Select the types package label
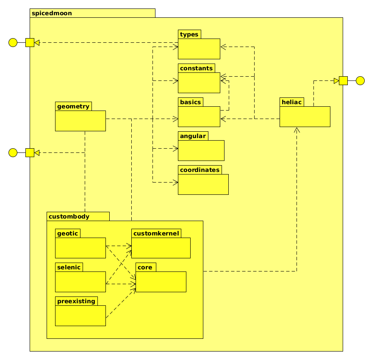point(189,34)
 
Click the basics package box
point(199,116)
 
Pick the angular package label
point(193,136)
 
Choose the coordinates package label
point(200,170)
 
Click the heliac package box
point(305,116)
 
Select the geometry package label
point(73,106)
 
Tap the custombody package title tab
point(69,216)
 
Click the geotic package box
point(80,248)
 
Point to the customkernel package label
point(156,233)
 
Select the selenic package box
point(80,282)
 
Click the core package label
point(145,267)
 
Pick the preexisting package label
point(76,301)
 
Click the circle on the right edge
point(360,80)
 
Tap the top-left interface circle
point(13,42)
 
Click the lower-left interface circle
point(13,152)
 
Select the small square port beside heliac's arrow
point(343,80)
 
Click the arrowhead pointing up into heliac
point(297,130)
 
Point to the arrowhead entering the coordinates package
point(175,183)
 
